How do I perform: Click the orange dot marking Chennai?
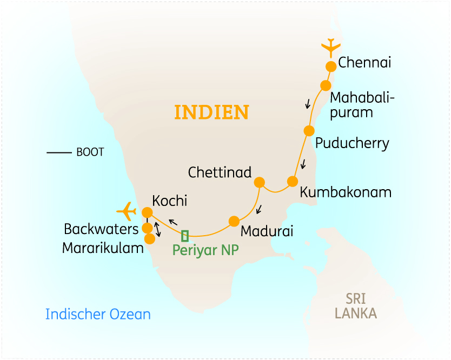(x=331, y=66)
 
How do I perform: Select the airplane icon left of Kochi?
(x=127, y=209)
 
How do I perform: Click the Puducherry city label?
(x=352, y=143)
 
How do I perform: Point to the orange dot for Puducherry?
(x=309, y=131)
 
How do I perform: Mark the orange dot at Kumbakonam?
(x=293, y=181)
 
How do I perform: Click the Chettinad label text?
(x=220, y=172)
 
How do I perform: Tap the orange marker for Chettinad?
(x=260, y=182)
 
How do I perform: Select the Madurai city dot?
(x=234, y=221)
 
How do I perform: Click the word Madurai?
(x=267, y=231)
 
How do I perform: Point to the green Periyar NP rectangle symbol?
(x=185, y=236)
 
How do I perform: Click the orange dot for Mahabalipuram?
(x=326, y=85)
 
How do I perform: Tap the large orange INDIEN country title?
(x=211, y=112)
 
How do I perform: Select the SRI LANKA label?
(x=355, y=306)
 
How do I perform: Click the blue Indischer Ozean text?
(x=98, y=314)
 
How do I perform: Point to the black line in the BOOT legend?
(x=59, y=153)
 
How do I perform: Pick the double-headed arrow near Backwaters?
(x=157, y=229)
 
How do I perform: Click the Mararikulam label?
(x=103, y=248)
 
